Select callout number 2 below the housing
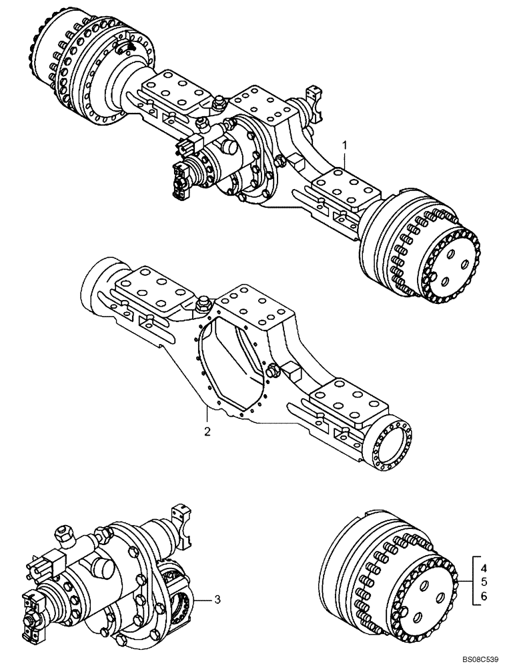tap(207, 432)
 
